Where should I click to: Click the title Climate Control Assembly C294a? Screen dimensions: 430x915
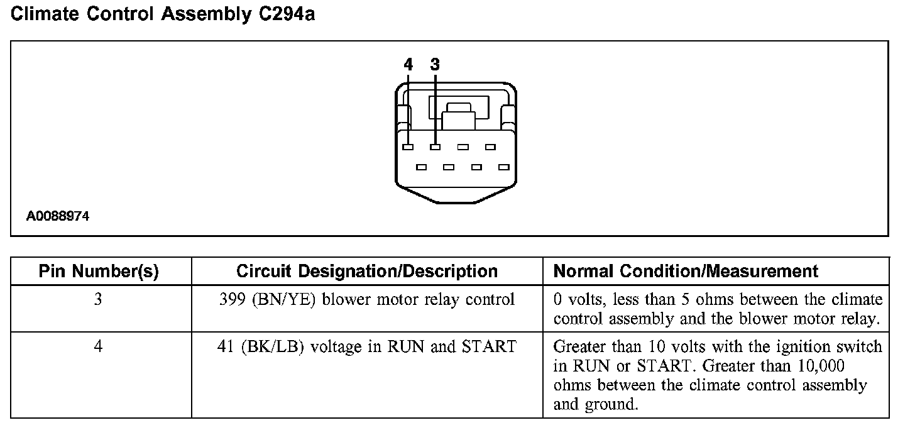(x=163, y=14)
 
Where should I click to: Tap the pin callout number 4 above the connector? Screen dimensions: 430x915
(x=408, y=64)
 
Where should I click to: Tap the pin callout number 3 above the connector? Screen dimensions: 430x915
(x=435, y=64)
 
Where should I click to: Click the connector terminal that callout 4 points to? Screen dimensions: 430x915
(x=408, y=147)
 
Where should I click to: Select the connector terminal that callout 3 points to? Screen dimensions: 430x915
(x=435, y=147)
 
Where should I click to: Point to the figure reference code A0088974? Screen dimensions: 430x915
(x=58, y=216)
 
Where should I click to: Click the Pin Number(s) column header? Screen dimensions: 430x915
(x=99, y=272)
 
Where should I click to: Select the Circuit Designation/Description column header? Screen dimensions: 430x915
(x=367, y=272)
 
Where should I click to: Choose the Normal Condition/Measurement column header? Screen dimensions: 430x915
(x=686, y=272)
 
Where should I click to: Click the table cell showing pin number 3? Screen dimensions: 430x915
(x=98, y=300)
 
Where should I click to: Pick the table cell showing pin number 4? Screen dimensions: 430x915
(x=98, y=346)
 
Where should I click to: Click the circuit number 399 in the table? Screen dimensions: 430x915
(x=233, y=300)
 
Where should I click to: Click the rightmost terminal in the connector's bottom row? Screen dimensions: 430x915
(x=503, y=167)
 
